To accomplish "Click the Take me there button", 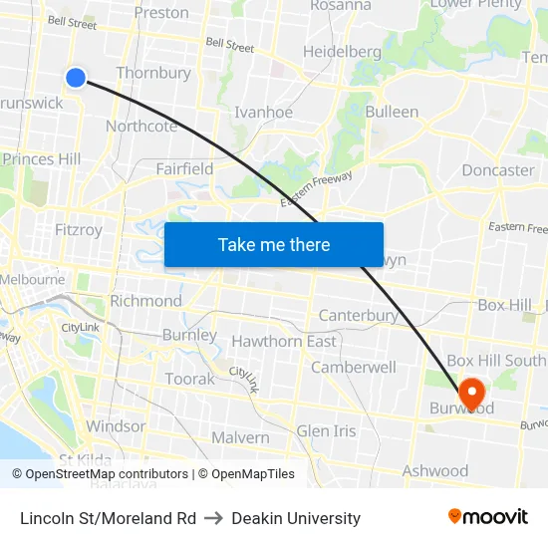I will pyautogui.click(x=274, y=244).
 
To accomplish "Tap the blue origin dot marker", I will pyautogui.click(x=76, y=77).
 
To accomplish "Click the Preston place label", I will pyautogui.click(x=161, y=13).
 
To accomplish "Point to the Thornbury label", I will pyautogui.click(x=153, y=73).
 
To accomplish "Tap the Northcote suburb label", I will pyautogui.click(x=141, y=126).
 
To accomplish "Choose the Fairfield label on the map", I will pyautogui.click(x=184, y=169).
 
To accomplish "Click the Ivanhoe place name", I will pyautogui.click(x=263, y=112).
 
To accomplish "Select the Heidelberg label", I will pyautogui.click(x=342, y=52).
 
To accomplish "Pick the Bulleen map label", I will pyautogui.click(x=392, y=112).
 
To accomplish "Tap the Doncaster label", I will pyautogui.click(x=498, y=169).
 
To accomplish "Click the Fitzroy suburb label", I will pyautogui.click(x=79, y=230).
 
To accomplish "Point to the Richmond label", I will pyautogui.click(x=145, y=301).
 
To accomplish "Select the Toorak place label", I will pyautogui.click(x=189, y=379).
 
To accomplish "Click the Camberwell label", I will pyautogui.click(x=354, y=367).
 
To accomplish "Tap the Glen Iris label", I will pyautogui.click(x=326, y=430).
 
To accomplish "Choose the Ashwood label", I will pyautogui.click(x=435, y=470).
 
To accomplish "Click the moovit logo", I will pyautogui.click(x=488, y=516).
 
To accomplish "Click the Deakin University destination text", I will pyautogui.click(x=296, y=518).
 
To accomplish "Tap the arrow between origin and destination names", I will pyautogui.click(x=214, y=518).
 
